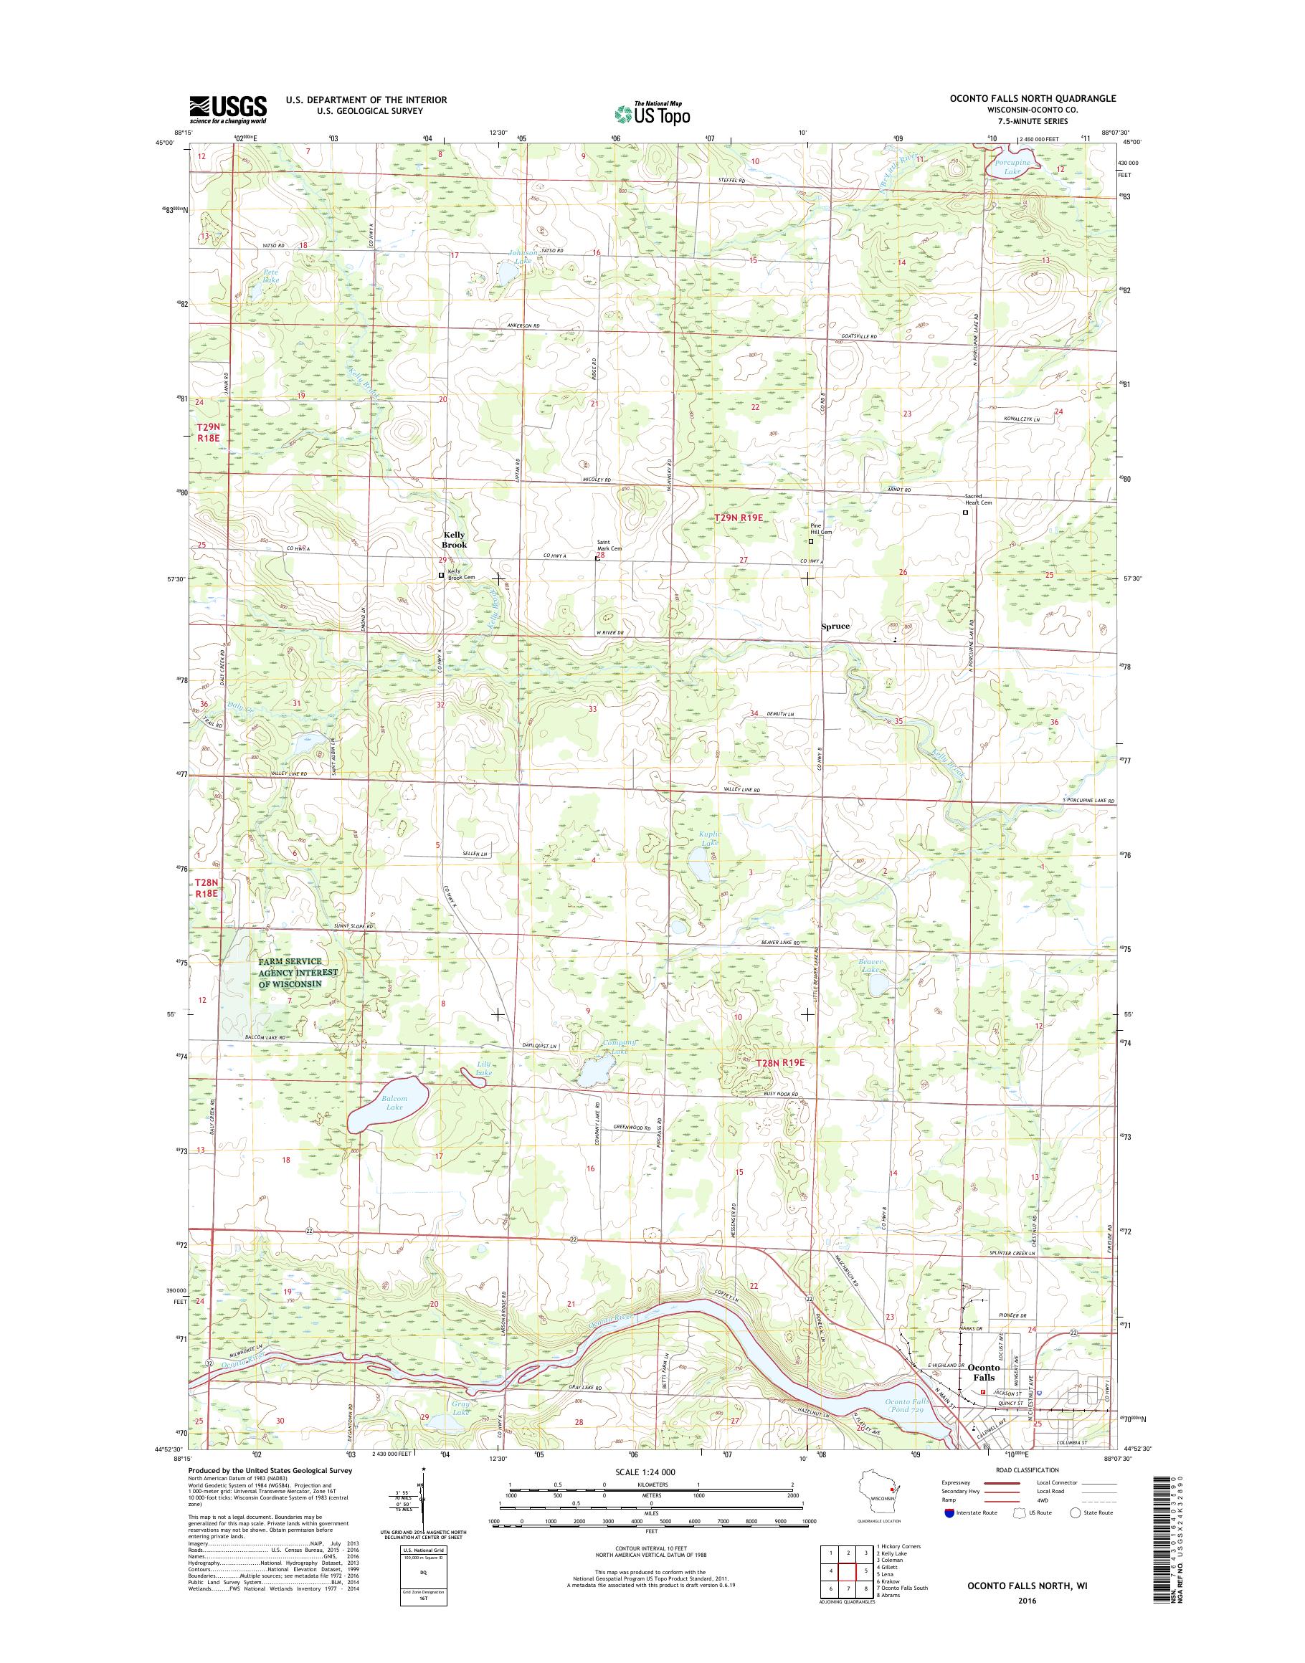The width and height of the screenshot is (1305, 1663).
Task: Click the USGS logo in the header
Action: pyautogui.click(x=228, y=110)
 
